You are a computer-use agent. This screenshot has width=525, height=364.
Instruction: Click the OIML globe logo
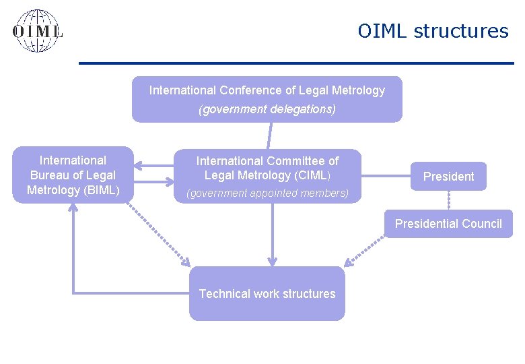pos(38,31)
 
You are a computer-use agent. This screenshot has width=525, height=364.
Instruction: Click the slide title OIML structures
pos(433,31)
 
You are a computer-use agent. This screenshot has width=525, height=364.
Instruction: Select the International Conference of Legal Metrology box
pos(267,99)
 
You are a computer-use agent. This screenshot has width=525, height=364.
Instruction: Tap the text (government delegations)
pos(267,109)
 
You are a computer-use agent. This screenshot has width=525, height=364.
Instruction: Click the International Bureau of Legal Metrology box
pos(73,175)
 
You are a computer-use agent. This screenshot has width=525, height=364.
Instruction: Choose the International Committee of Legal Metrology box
pos(267,176)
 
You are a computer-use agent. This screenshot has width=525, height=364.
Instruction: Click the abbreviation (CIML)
pos(311,175)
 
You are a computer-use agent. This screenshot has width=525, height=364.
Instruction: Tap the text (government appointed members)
pos(267,193)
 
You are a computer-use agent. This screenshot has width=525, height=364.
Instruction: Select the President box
pos(448,177)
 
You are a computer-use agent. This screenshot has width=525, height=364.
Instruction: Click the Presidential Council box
pos(448,224)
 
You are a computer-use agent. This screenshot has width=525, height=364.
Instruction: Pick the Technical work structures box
pos(267,293)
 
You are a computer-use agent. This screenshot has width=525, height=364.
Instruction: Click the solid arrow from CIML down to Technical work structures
pos(272,233)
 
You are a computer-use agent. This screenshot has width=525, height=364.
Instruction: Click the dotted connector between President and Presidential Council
pos(449,200)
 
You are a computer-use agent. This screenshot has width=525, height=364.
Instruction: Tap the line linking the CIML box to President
pos(386,177)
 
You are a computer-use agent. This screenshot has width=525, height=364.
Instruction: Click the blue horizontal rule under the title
pos(296,63)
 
